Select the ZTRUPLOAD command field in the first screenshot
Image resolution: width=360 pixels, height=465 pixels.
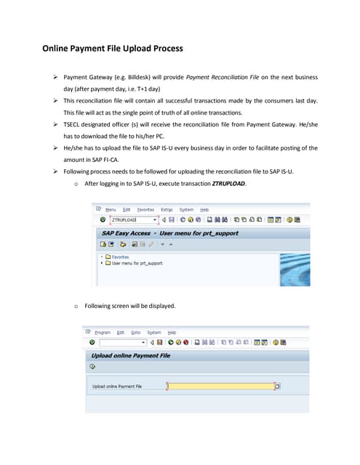coord(132,219)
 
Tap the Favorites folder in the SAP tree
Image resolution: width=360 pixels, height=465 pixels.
coord(119,256)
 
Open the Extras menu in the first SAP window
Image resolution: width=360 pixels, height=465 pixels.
coord(167,209)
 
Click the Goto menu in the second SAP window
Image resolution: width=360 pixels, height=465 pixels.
coord(135,332)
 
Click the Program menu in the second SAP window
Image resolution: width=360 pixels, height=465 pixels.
coord(102,332)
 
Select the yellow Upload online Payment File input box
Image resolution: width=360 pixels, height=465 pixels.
coord(220,386)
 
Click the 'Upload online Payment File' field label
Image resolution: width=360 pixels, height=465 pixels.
coord(117,387)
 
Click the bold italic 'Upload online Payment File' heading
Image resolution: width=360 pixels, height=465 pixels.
coord(131,355)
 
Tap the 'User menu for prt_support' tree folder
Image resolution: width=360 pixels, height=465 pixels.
coord(137,263)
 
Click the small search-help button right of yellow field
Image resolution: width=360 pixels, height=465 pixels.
coord(277,386)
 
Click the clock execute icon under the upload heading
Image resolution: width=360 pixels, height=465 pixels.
coord(93,368)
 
